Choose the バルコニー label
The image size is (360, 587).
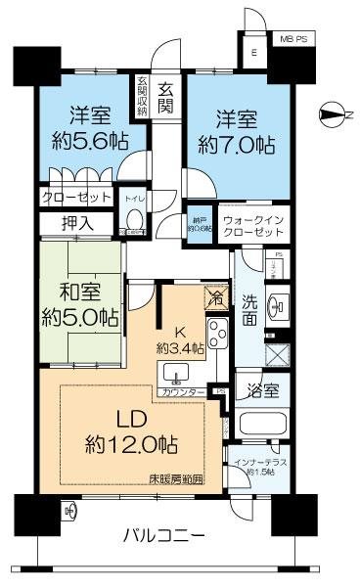pyautogui.click(x=164, y=535)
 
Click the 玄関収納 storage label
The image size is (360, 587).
pyautogui.click(x=141, y=96)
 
